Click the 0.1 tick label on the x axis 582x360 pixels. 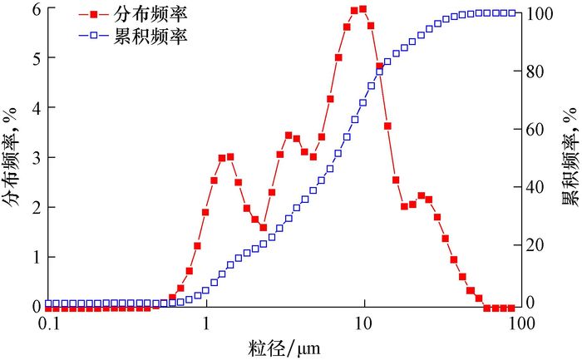point(51,325)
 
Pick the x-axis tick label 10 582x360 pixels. point(363,325)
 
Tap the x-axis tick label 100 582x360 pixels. point(520,325)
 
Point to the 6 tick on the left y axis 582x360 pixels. point(36,9)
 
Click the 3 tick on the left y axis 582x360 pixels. point(36,157)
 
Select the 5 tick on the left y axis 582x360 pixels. point(36,58)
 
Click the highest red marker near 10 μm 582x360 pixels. point(363,9)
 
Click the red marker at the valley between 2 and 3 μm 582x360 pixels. point(263,227)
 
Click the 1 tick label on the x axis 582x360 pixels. point(206,325)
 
